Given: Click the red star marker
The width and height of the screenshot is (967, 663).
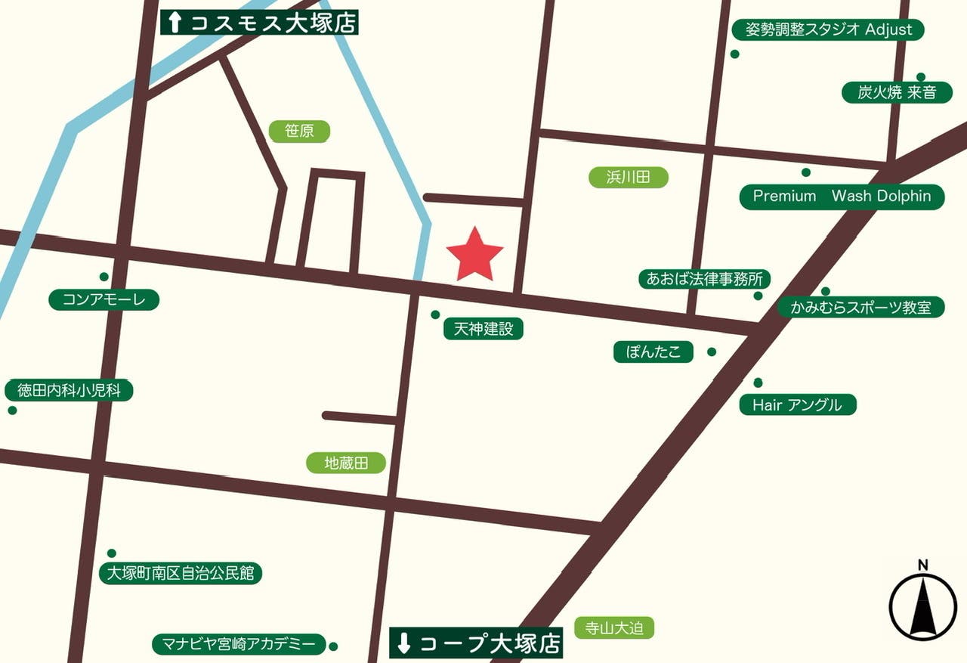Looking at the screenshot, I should (474, 255).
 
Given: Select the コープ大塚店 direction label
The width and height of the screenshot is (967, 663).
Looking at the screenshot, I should (477, 643).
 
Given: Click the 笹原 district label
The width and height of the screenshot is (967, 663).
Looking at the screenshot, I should (299, 132).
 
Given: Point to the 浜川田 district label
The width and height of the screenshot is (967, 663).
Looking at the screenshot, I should (628, 178).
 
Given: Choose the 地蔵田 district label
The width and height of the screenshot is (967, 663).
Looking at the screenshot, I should (345, 463).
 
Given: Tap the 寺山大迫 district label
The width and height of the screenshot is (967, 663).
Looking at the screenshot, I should (613, 627).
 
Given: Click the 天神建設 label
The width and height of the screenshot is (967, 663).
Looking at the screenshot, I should (483, 329).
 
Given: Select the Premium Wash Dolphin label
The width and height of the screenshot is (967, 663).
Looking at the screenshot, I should (842, 197).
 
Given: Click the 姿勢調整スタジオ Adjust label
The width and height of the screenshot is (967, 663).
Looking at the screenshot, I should (828, 30).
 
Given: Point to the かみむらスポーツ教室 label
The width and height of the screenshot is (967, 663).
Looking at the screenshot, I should (860, 308).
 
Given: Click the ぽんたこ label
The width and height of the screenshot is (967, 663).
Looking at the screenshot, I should (653, 352).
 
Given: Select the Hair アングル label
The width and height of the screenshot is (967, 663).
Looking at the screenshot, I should (797, 404).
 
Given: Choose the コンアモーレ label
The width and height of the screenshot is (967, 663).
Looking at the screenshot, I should (103, 300).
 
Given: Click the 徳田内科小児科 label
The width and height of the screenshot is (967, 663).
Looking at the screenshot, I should (68, 391).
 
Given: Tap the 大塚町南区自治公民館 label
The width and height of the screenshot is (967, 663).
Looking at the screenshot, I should (181, 573).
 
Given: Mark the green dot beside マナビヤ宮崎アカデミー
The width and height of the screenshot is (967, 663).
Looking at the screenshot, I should (333, 646).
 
